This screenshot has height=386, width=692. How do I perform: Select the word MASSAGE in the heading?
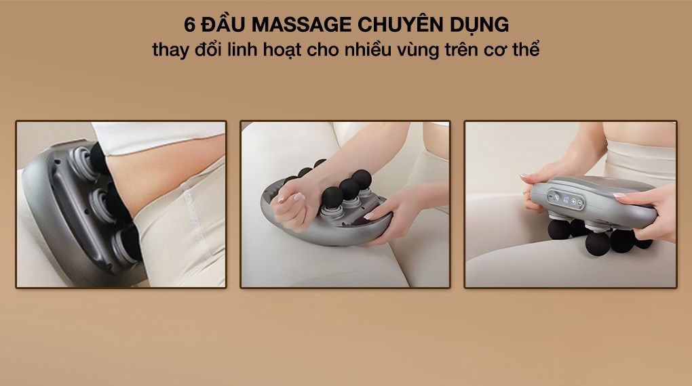pos(297,26)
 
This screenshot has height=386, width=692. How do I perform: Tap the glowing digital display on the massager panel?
pos(554,198)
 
